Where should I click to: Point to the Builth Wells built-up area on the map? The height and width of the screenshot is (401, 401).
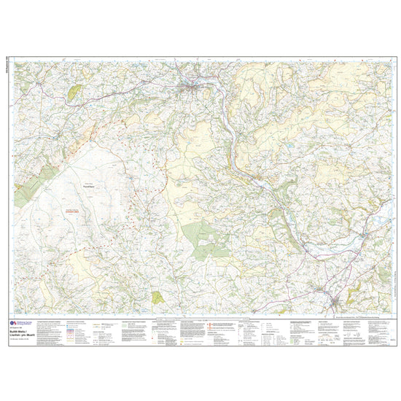pyautogui.click(x=192, y=90)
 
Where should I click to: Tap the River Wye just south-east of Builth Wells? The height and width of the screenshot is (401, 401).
pyautogui.click(x=219, y=109)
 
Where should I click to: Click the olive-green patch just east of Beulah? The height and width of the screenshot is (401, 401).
pyautogui.click(x=75, y=92)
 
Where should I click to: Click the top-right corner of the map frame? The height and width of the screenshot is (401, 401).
pyautogui.click(x=392, y=60)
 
